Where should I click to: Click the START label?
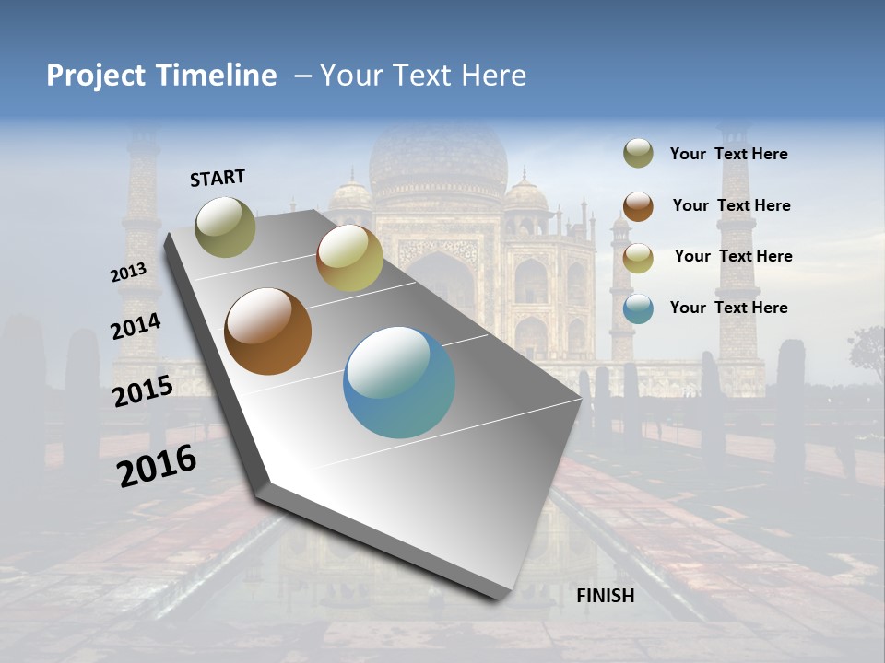tap(218, 178)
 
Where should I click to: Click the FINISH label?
tap(605, 596)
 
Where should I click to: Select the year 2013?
tap(128, 273)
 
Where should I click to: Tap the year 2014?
tap(136, 327)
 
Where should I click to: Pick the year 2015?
tap(143, 391)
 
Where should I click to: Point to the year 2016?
tap(157, 465)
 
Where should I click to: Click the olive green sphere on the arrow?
tap(226, 227)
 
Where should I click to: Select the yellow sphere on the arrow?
tap(349, 258)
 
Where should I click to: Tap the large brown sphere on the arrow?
tap(268, 331)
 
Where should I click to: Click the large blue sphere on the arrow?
tap(399, 382)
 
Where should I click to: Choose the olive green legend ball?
tap(638, 154)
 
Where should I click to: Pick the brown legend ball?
tap(638, 205)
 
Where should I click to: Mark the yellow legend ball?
tap(638, 258)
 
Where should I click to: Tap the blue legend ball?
tap(638, 308)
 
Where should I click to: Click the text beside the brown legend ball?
tap(731, 205)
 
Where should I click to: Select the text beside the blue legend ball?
tap(728, 308)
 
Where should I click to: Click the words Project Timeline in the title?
tap(161, 76)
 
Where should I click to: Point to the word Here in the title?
tap(493, 76)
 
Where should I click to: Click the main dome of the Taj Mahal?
tap(438, 157)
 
